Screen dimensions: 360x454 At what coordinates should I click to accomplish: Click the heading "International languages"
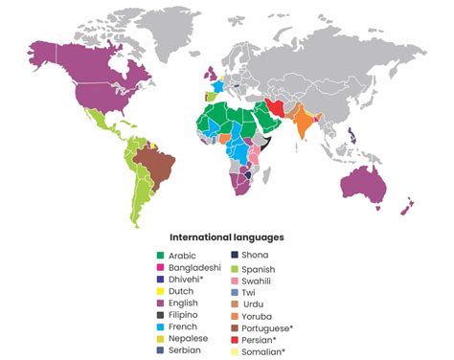(x=226, y=236)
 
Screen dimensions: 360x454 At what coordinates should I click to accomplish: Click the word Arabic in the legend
(x=185, y=256)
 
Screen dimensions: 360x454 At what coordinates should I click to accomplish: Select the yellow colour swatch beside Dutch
(x=161, y=290)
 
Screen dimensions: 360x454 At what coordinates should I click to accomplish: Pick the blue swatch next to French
(x=161, y=326)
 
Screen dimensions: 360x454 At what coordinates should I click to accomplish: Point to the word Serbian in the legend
(x=187, y=349)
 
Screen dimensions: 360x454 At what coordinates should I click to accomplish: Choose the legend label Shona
(x=256, y=256)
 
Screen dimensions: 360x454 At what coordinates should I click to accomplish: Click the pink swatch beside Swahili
(x=235, y=280)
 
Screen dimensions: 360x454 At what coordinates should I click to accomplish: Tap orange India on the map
(x=303, y=124)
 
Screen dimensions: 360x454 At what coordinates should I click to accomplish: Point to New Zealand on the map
(x=409, y=204)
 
